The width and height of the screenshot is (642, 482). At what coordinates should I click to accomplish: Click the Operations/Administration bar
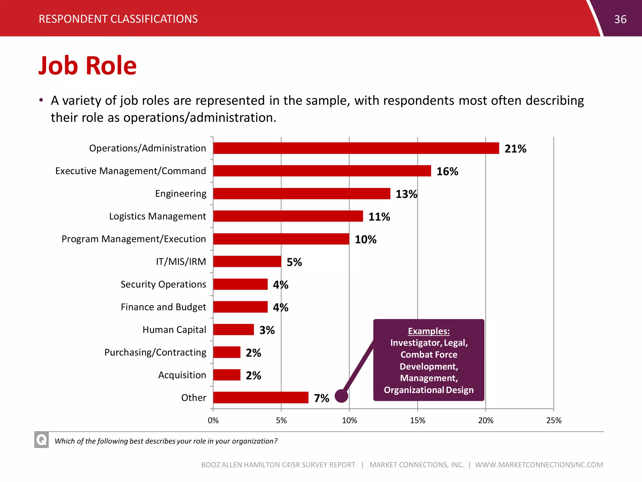[356, 148]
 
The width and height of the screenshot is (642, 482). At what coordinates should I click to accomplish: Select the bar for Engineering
[302, 194]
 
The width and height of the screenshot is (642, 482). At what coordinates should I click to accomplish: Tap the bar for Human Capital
[234, 329]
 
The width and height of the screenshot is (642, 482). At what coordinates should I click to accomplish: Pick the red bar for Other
[260, 398]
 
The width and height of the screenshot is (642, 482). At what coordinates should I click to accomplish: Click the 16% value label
[447, 171]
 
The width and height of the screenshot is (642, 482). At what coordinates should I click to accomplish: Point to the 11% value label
[379, 217]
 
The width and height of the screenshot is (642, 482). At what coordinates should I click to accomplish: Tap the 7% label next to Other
[321, 398]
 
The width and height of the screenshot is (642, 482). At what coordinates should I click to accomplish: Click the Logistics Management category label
[157, 216]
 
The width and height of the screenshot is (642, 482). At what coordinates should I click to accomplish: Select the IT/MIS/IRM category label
[181, 261]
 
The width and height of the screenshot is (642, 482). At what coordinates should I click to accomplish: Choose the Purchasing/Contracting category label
[155, 352]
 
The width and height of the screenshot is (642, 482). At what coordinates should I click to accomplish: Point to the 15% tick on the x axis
[418, 420]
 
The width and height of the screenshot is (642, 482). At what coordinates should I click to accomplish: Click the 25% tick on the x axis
[554, 420]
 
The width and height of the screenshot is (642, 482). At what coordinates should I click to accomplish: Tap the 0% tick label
[213, 420]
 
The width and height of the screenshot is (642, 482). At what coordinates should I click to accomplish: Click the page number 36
[620, 19]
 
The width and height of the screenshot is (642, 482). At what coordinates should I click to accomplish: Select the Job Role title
[87, 66]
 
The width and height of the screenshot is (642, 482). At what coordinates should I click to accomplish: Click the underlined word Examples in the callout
[429, 331]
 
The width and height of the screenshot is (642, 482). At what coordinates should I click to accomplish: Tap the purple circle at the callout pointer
[341, 396]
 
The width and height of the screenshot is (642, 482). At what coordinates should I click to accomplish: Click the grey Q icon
[41, 440]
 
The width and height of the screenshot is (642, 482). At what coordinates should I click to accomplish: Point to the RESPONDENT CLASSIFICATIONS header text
[118, 19]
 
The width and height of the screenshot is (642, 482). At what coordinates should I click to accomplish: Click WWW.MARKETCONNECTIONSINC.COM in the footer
[539, 465]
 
